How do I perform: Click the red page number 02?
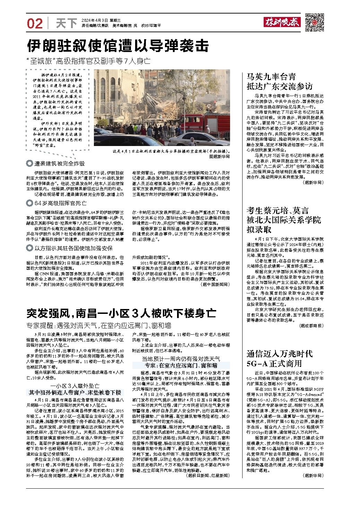pos(35,23)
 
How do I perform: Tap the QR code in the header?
pos(315,23)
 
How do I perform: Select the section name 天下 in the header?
pos(66,23)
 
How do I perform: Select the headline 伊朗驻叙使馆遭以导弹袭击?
pos(118,45)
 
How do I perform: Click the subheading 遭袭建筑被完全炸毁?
pos(59,163)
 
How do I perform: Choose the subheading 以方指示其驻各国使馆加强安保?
pos(73,248)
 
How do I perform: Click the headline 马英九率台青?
pos(271,77)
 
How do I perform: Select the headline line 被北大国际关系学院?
pos(284,220)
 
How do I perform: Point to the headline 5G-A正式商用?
pos(274,363)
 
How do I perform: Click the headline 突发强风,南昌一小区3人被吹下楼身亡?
pos(121,314)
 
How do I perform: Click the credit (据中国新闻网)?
pos(215,284)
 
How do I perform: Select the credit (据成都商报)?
pos(311,326)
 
